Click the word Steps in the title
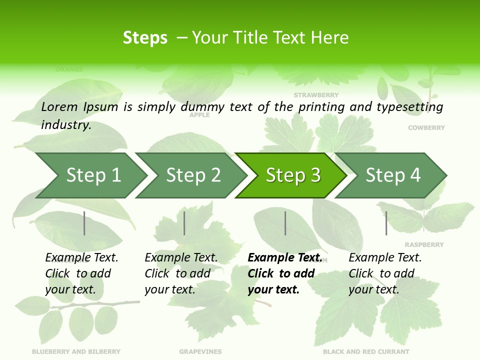145,38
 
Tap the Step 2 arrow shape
193,175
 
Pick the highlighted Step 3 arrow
293,175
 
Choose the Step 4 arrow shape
393,175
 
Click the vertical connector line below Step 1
84,223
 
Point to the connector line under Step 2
184,223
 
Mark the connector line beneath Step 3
285,223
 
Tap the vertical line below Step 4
386,223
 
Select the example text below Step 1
81,273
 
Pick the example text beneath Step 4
384,273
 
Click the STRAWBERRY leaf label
316,95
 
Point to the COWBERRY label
426,128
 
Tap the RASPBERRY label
424,245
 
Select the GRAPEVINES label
200,351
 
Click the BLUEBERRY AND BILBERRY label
76,351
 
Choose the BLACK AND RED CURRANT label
366,351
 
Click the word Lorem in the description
59,107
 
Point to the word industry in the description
65,125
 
